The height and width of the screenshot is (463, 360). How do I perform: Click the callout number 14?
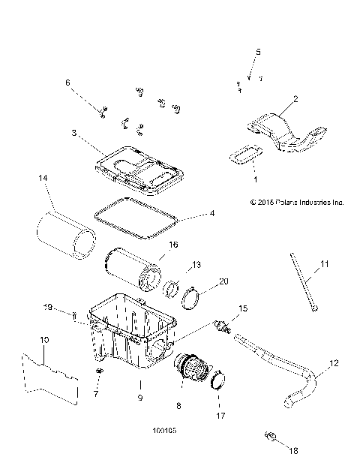pyautogui.click(x=42, y=179)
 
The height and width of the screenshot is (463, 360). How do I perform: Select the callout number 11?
pyautogui.click(x=325, y=263)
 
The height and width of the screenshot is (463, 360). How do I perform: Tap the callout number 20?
pyautogui.click(x=223, y=282)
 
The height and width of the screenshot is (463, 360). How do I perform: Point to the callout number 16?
pyautogui.click(x=172, y=245)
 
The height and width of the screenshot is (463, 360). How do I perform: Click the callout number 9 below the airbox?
pyautogui.click(x=139, y=398)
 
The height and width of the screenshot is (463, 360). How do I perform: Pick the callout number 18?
pyautogui.click(x=292, y=450)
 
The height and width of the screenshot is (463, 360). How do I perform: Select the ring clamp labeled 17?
pyautogui.click(x=217, y=380)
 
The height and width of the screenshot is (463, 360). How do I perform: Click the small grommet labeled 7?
pyautogui.click(x=98, y=372)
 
